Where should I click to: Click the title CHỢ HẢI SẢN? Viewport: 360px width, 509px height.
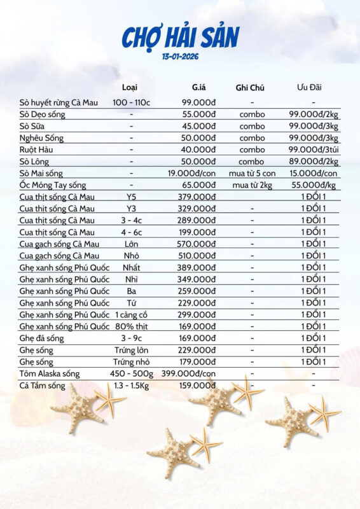click(x=180, y=38)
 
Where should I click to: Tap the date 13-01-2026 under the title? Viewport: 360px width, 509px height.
click(x=181, y=57)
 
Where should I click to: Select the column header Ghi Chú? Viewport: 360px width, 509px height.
click(x=250, y=87)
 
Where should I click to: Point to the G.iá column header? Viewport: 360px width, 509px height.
click(x=199, y=87)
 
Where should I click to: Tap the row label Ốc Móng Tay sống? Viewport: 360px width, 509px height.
click(x=52, y=185)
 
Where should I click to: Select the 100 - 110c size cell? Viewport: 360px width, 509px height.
click(x=131, y=102)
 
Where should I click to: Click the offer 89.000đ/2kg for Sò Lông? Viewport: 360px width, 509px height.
click(x=314, y=162)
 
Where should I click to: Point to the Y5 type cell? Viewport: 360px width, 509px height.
click(x=131, y=197)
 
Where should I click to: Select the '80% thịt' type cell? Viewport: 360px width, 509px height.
click(x=131, y=326)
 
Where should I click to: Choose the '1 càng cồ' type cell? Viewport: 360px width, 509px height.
click(x=131, y=315)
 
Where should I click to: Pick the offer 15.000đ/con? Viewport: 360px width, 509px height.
click(x=314, y=173)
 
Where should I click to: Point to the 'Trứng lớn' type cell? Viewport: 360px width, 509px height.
click(x=131, y=350)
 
